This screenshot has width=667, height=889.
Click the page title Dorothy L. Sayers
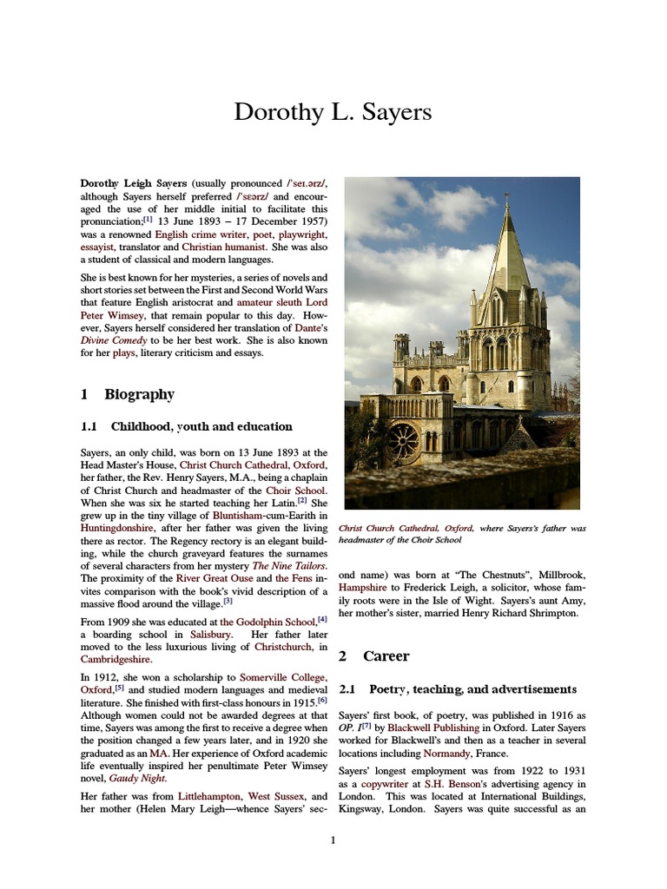pyautogui.click(x=333, y=113)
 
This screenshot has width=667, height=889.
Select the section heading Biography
pyautogui.click(x=139, y=394)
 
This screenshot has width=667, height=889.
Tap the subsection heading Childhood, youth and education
pyautogui.click(x=201, y=426)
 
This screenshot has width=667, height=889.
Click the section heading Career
pyautogui.click(x=386, y=655)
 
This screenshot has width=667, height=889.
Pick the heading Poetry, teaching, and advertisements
pyautogui.click(x=472, y=688)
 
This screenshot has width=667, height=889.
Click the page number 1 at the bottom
pyautogui.click(x=333, y=840)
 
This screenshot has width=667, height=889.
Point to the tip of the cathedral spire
pyautogui.click(x=507, y=198)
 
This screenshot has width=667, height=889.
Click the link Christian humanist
pyautogui.click(x=223, y=247)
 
